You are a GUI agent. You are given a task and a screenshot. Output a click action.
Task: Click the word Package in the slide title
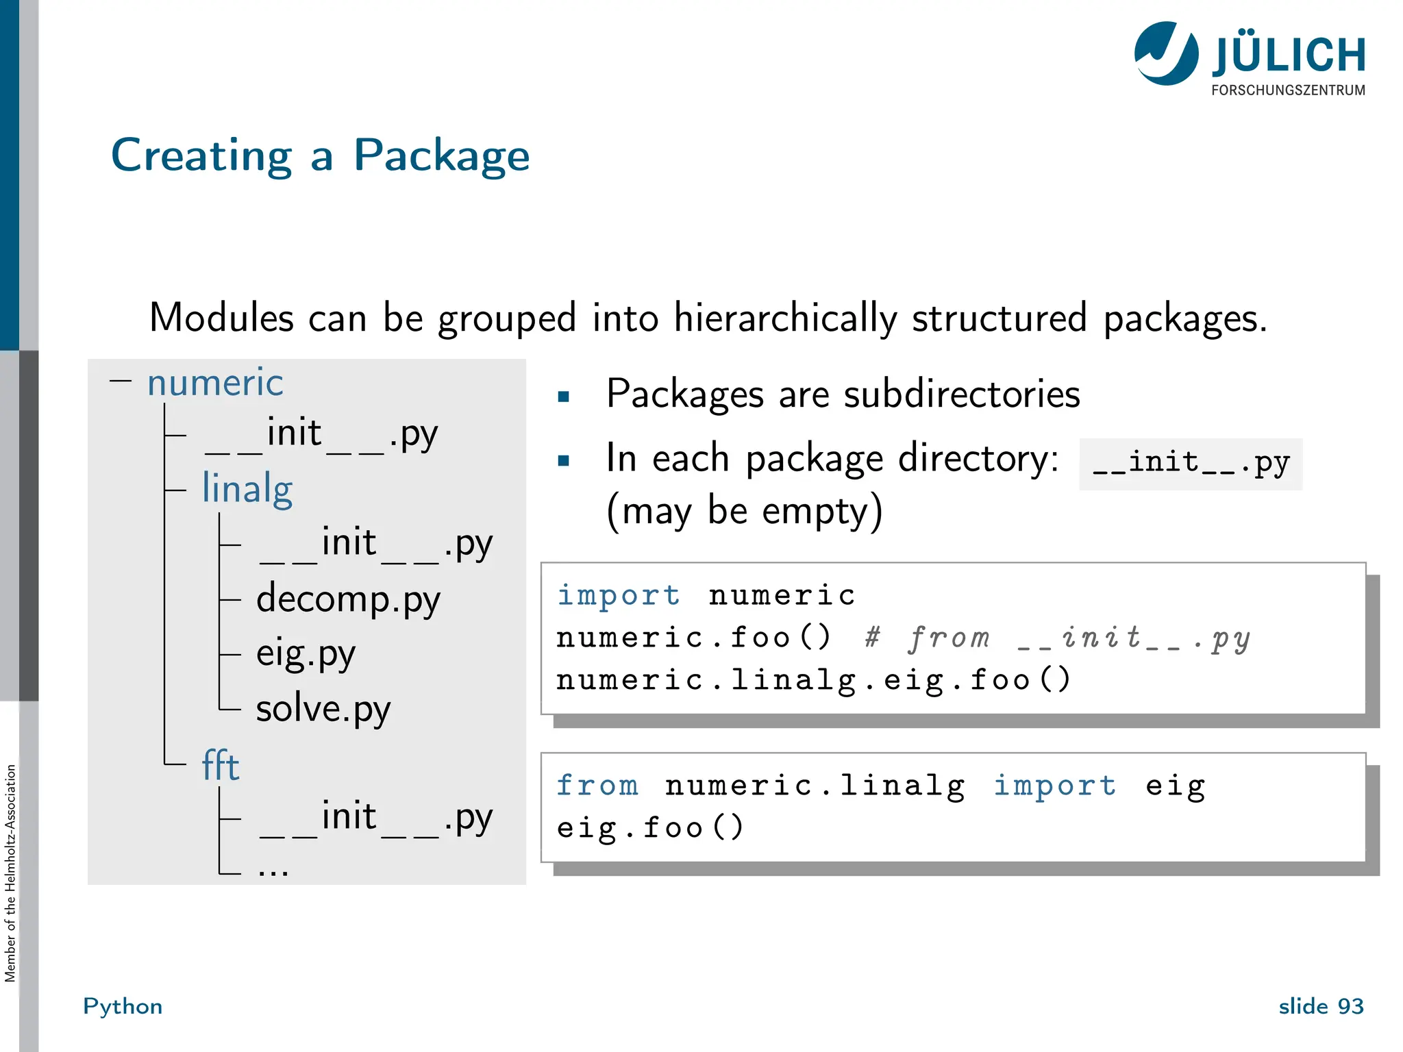(441, 156)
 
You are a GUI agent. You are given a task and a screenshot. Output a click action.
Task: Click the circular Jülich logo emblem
(1166, 53)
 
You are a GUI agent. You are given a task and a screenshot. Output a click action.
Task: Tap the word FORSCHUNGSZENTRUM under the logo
(1288, 90)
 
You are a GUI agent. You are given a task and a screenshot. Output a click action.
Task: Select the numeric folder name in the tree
(215, 382)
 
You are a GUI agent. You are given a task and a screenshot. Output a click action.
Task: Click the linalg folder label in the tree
(247, 489)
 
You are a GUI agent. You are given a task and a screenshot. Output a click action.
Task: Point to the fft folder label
(220, 766)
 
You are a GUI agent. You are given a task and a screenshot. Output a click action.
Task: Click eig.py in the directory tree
(306, 654)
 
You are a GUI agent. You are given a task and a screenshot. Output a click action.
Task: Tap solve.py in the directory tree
(323, 709)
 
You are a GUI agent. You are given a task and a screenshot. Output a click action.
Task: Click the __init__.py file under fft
(375, 818)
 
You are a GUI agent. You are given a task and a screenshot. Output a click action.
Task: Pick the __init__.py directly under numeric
(321, 434)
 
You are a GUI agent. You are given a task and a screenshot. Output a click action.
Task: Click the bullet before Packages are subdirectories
(564, 397)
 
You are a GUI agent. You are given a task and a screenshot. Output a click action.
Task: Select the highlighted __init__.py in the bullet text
(1191, 464)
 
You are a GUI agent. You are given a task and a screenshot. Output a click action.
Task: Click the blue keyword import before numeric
(618, 594)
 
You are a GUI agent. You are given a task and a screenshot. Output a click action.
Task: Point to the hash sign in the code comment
(871, 638)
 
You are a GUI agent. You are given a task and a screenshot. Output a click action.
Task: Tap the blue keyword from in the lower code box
(597, 785)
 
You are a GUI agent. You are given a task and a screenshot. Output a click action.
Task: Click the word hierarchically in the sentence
(785, 318)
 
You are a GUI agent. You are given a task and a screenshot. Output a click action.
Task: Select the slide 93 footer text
(1321, 1006)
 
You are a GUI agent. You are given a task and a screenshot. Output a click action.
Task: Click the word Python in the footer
(123, 1006)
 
